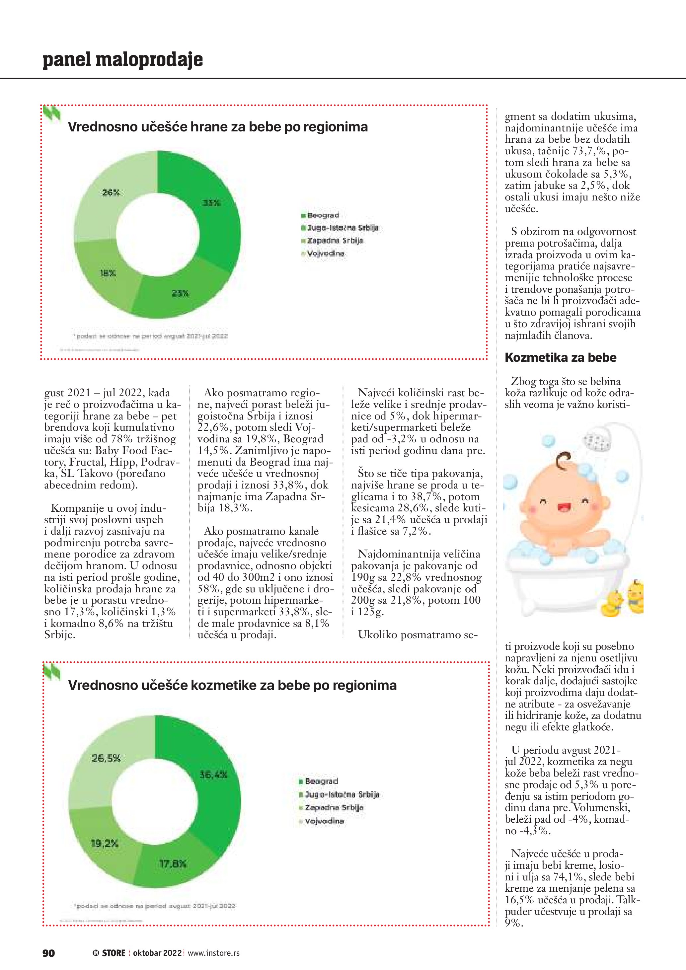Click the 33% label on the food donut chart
[211, 203]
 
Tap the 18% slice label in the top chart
[108, 273]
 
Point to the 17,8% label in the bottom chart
[172, 863]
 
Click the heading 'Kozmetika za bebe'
[560, 357]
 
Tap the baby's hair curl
[564, 461]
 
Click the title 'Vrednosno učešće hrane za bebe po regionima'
[217, 127]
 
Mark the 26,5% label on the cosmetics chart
[106, 758]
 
